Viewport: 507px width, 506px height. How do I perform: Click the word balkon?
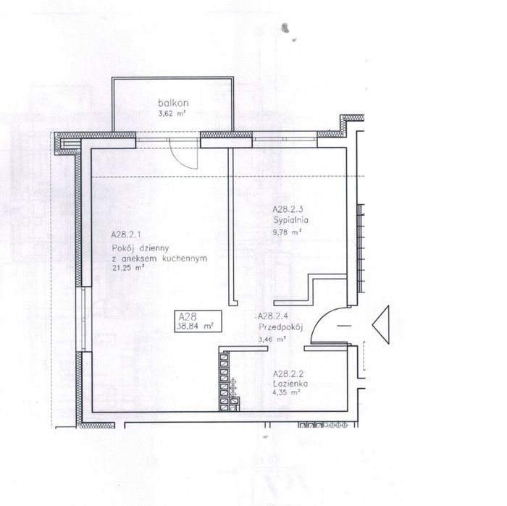coord(173,103)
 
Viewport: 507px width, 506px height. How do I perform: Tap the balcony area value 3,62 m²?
coord(172,114)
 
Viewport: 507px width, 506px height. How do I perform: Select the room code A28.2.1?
coord(126,235)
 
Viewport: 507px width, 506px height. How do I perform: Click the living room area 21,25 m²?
coord(128,268)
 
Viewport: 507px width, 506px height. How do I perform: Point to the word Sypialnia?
coord(290,220)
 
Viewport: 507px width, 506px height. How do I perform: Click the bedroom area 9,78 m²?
coord(288,232)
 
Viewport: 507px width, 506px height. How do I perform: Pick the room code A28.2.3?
coord(288,209)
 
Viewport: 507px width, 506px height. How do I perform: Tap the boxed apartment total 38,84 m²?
coord(195,326)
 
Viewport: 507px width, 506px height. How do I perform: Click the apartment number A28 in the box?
coord(188,316)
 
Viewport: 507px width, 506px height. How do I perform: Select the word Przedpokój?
coord(281,327)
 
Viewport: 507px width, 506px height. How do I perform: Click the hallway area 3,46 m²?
coord(272,340)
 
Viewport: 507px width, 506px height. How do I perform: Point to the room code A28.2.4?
coord(273,316)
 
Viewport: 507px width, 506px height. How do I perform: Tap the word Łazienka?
coord(290,384)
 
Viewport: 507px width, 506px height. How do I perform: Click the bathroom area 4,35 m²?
coord(287,393)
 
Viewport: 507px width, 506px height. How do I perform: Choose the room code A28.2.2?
coord(288,374)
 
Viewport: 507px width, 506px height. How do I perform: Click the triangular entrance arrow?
coord(380,324)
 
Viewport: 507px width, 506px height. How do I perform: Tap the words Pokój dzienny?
coord(141,248)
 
